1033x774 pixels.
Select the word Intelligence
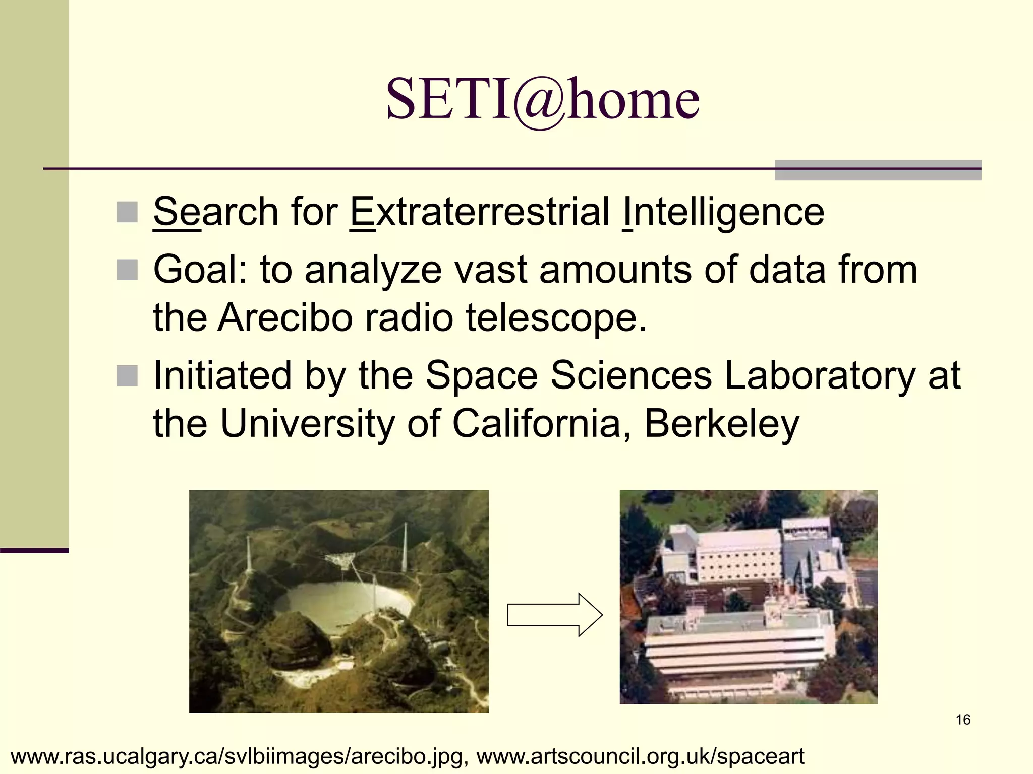click(x=723, y=212)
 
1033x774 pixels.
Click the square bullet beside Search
click(x=127, y=212)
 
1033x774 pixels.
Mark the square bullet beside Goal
click(x=127, y=270)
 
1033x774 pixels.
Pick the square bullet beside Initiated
click(x=127, y=376)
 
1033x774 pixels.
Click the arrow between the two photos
click(x=554, y=615)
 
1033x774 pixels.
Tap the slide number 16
click(x=963, y=720)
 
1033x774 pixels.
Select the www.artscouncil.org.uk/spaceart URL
click(x=640, y=756)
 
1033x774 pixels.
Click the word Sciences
click(x=631, y=375)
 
